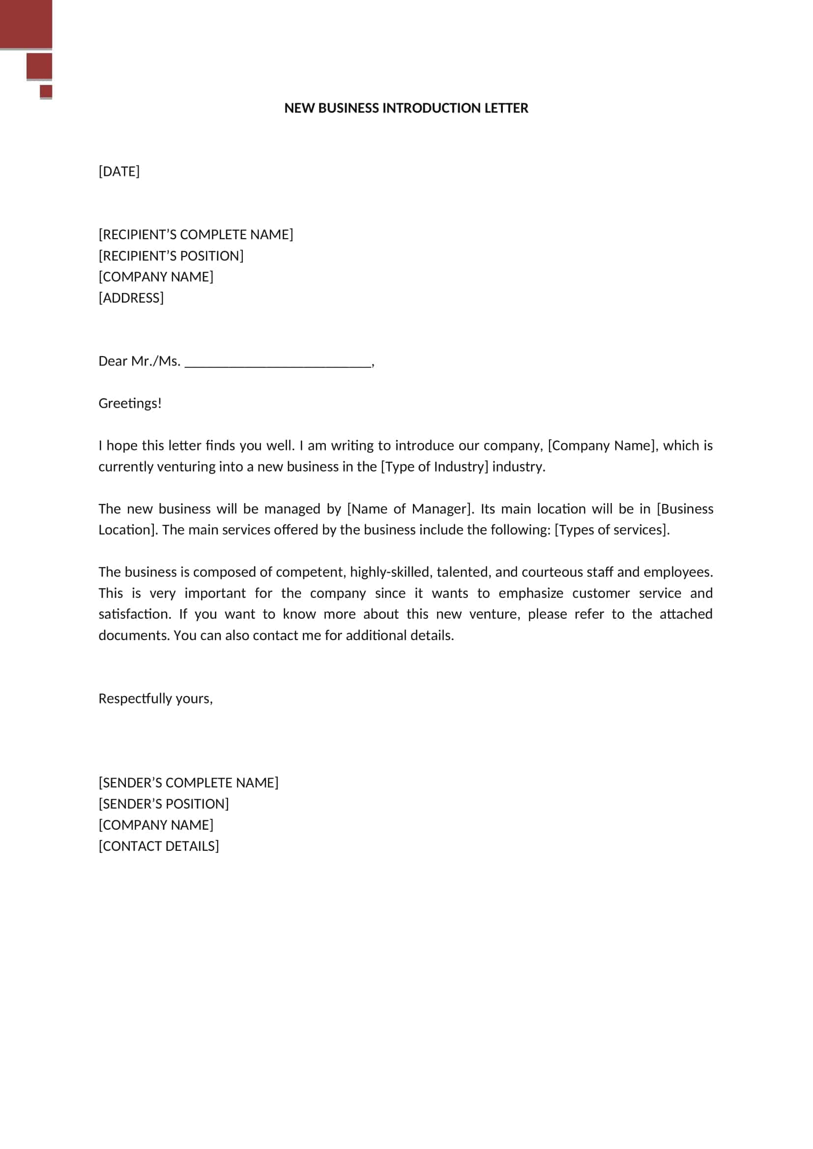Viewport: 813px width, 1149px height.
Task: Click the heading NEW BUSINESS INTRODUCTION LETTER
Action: pos(406,108)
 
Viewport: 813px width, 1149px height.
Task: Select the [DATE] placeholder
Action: pos(119,171)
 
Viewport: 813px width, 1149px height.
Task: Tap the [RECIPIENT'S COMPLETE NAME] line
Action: pos(196,235)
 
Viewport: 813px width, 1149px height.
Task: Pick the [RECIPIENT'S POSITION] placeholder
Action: pos(171,256)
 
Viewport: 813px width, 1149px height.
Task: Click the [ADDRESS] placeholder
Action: pos(131,298)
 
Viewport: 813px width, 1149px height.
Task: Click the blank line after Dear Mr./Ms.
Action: pos(278,363)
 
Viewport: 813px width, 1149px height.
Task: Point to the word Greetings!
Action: pos(130,403)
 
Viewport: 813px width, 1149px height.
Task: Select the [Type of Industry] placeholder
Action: pos(434,467)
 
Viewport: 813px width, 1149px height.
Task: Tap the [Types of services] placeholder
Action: pos(611,530)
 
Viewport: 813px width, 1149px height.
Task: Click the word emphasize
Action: pos(531,593)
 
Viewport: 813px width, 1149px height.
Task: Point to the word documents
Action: pos(134,636)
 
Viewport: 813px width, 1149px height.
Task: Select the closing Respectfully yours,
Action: pos(156,699)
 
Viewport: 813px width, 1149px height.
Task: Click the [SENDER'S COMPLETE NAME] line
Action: pos(188,783)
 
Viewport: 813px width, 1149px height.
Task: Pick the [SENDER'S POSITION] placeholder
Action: pos(164,804)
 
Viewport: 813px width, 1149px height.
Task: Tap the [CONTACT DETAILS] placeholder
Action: pos(159,846)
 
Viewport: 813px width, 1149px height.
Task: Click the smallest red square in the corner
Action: pos(46,91)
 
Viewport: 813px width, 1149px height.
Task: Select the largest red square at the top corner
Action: pos(26,24)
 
